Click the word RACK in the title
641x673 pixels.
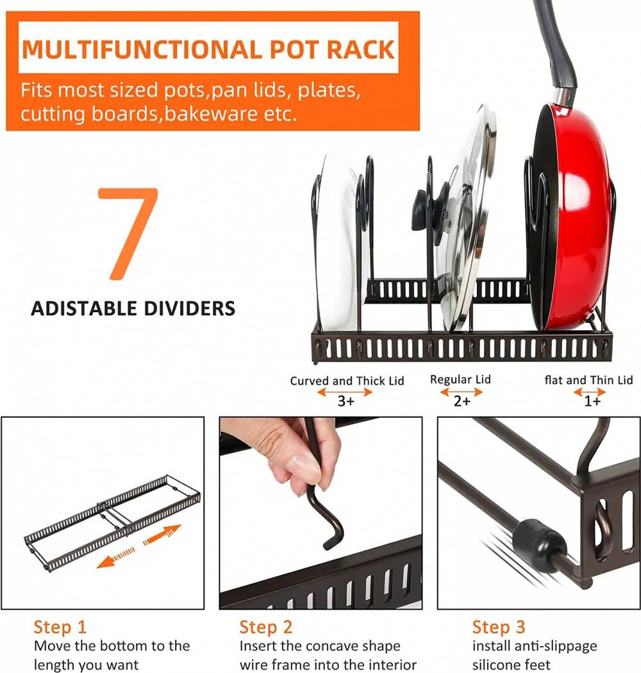[360, 49]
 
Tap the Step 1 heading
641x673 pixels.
[60, 627]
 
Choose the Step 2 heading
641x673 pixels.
[266, 627]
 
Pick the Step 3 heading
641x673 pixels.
[499, 627]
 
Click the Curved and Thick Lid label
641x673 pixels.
[347, 381]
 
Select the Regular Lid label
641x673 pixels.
[460, 379]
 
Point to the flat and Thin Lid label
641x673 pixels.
[588, 380]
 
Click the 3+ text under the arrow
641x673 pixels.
[346, 401]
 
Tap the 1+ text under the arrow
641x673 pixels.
[592, 401]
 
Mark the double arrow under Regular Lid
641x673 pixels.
[462, 392]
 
